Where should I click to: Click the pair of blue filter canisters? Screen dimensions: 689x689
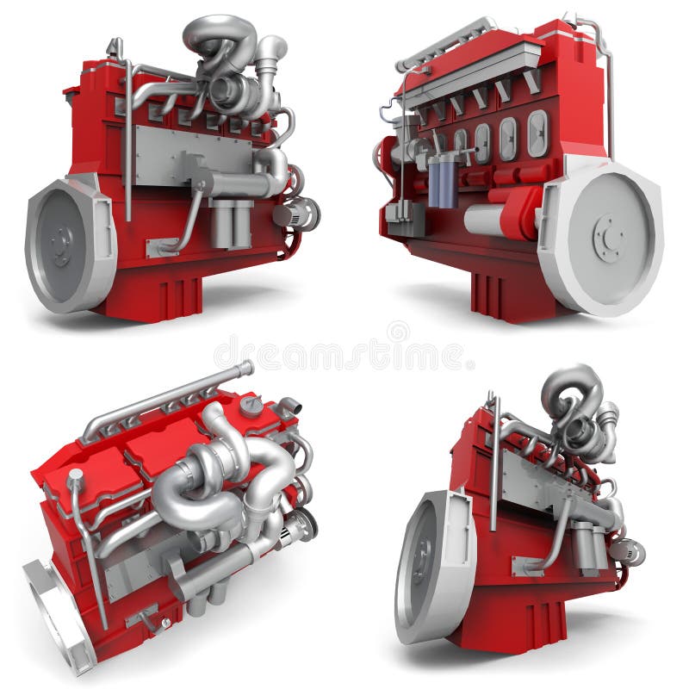coord(444,182)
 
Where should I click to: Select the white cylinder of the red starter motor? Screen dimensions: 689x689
coord(483,220)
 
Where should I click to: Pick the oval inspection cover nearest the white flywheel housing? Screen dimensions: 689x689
coord(537,133)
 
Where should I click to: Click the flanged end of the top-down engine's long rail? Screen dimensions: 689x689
coord(246,369)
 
